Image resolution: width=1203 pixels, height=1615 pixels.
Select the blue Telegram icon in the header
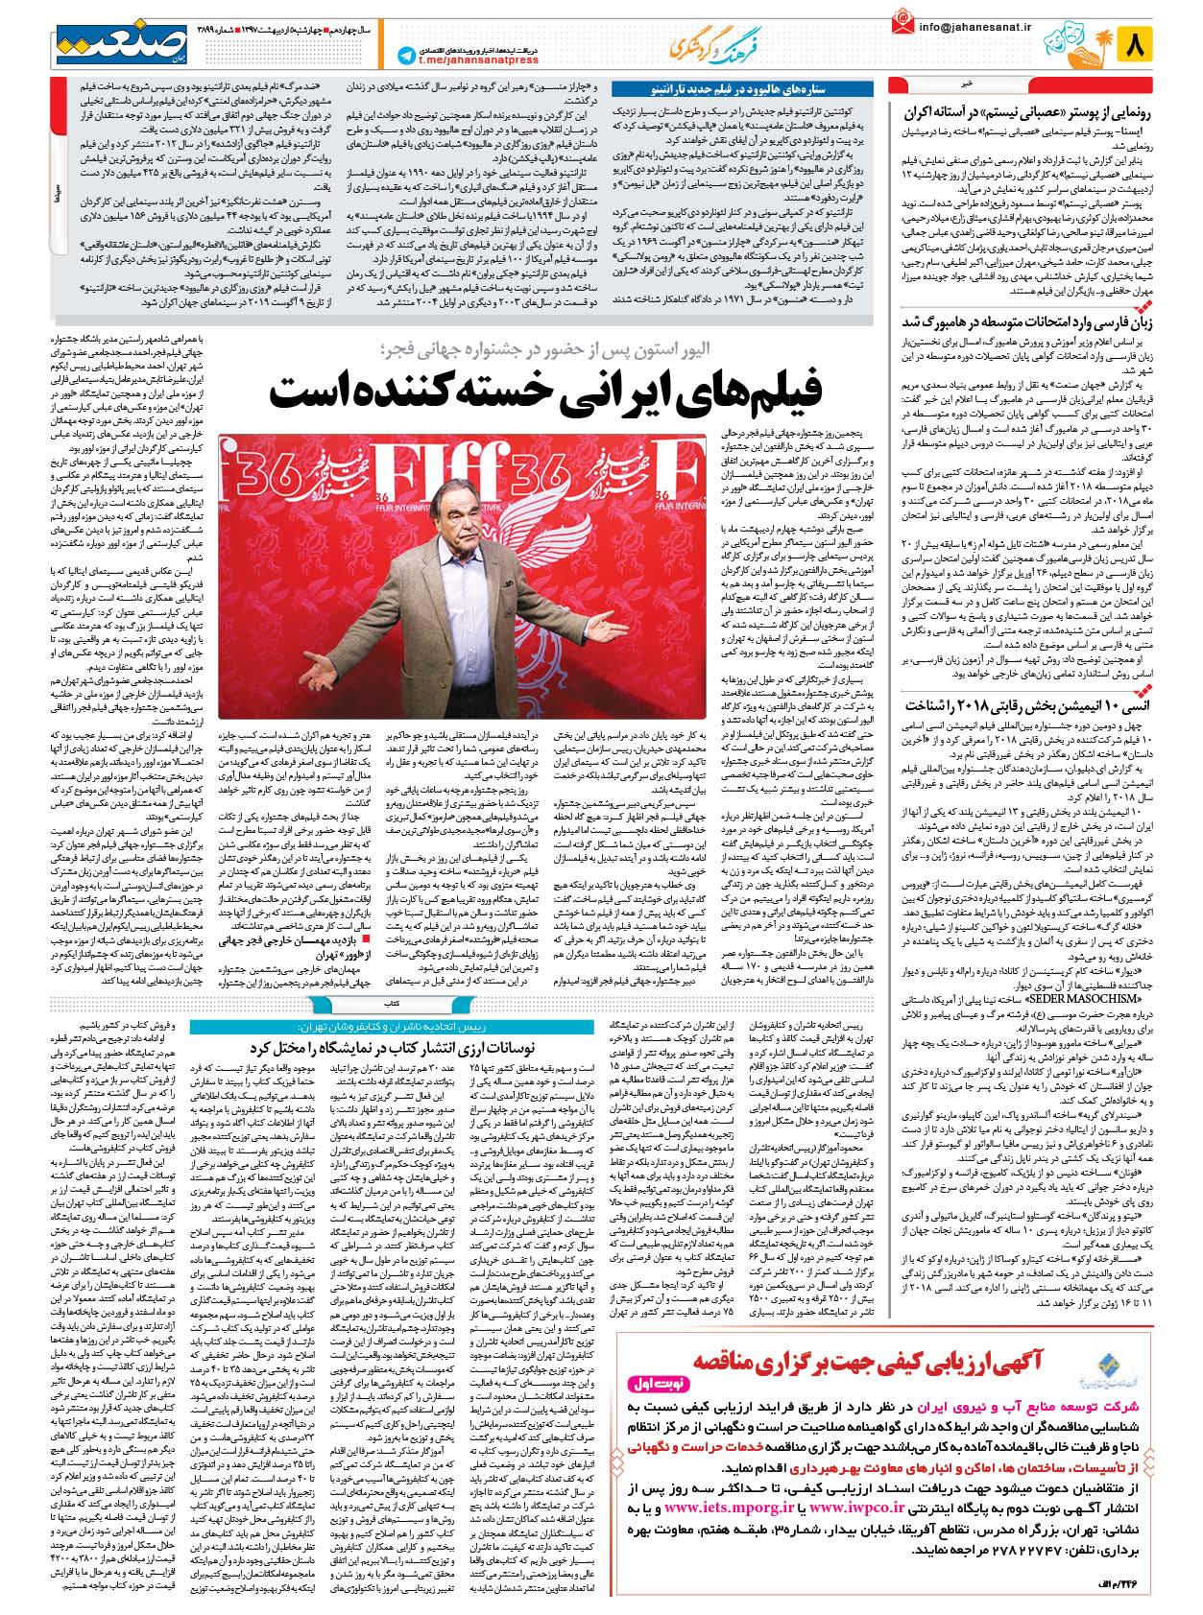(406, 56)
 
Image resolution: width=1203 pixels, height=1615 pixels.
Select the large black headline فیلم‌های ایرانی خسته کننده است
(545, 389)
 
